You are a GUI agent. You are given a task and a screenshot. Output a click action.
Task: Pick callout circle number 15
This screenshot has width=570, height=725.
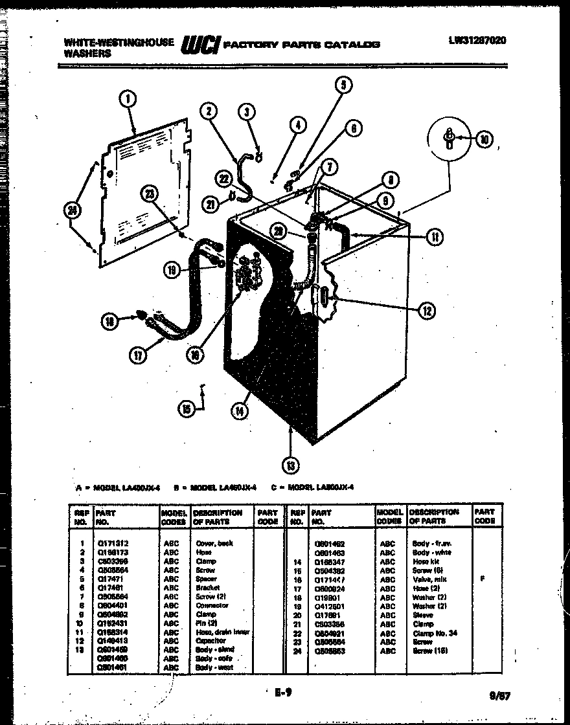(x=187, y=407)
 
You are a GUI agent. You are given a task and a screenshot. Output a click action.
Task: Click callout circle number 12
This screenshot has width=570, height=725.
(x=426, y=312)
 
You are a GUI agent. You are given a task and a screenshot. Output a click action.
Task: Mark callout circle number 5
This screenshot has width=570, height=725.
(x=344, y=84)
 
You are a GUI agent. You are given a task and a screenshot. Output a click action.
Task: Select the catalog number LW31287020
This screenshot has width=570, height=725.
(x=477, y=39)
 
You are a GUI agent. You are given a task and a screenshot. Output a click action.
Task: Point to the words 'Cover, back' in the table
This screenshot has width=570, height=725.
(x=213, y=542)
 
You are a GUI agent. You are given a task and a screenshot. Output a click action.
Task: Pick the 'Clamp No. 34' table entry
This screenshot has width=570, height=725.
(x=433, y=633)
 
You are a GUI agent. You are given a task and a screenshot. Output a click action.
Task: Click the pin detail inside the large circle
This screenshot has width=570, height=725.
(x=448, y=138)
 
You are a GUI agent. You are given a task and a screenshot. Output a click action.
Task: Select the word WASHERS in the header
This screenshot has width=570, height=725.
(x=87, y=54)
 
